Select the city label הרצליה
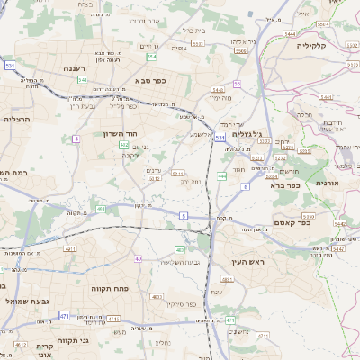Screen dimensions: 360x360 [x=18, y=119]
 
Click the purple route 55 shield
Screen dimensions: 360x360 [x=237, y=83]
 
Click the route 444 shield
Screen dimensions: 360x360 [x=221, y=176]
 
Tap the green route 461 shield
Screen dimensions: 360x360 [x=100, y=209]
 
